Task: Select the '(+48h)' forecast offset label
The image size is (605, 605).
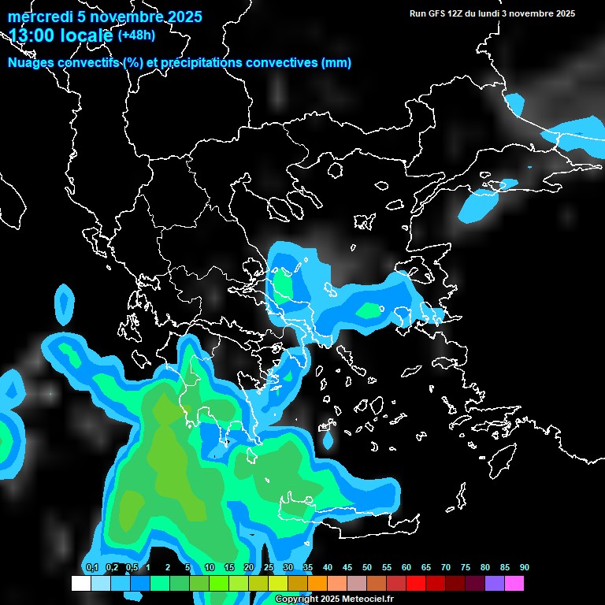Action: pyautogui.click(x=136, y=35)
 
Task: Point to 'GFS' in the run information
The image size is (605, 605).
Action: pyautogui.click(x=438, y=13)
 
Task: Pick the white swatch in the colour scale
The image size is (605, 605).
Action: pyautogui.click(x=81, y=584)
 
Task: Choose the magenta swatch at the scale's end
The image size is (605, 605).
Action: pyautogui.click(x=514, y=584)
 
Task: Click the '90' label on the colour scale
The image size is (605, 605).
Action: pyautogui.click(x=524, y=568)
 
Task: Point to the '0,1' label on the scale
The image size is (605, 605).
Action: pyautogui.click(x=91, y=568)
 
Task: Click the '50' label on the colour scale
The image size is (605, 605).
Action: pyautogui.click(x=366, y=568)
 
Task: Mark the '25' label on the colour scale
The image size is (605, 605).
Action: pyautogui.click(x=268, y=568)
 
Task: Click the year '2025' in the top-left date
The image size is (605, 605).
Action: pyautogui.click(x=183, y=17)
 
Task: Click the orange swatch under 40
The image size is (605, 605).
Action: pyautogui.click(x=317, y=584)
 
